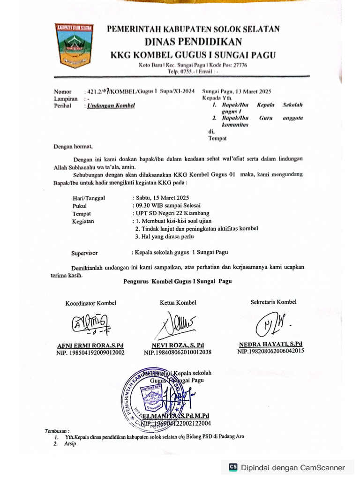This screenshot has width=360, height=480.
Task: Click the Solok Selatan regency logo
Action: pyautogui.click(x=75, y=45)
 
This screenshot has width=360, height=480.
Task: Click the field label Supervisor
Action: pyautogui.click(x=84, y=253)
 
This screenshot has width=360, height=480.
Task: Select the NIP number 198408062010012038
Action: pyautogui.click(x=178, y=352)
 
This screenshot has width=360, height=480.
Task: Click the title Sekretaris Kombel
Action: pyautogui.click(x=273, y=302)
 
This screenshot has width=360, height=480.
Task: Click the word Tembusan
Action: pyautogui.click(x=57, y=430)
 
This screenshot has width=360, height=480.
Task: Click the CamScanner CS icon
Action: pyautogui.click(x=233, y=467)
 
